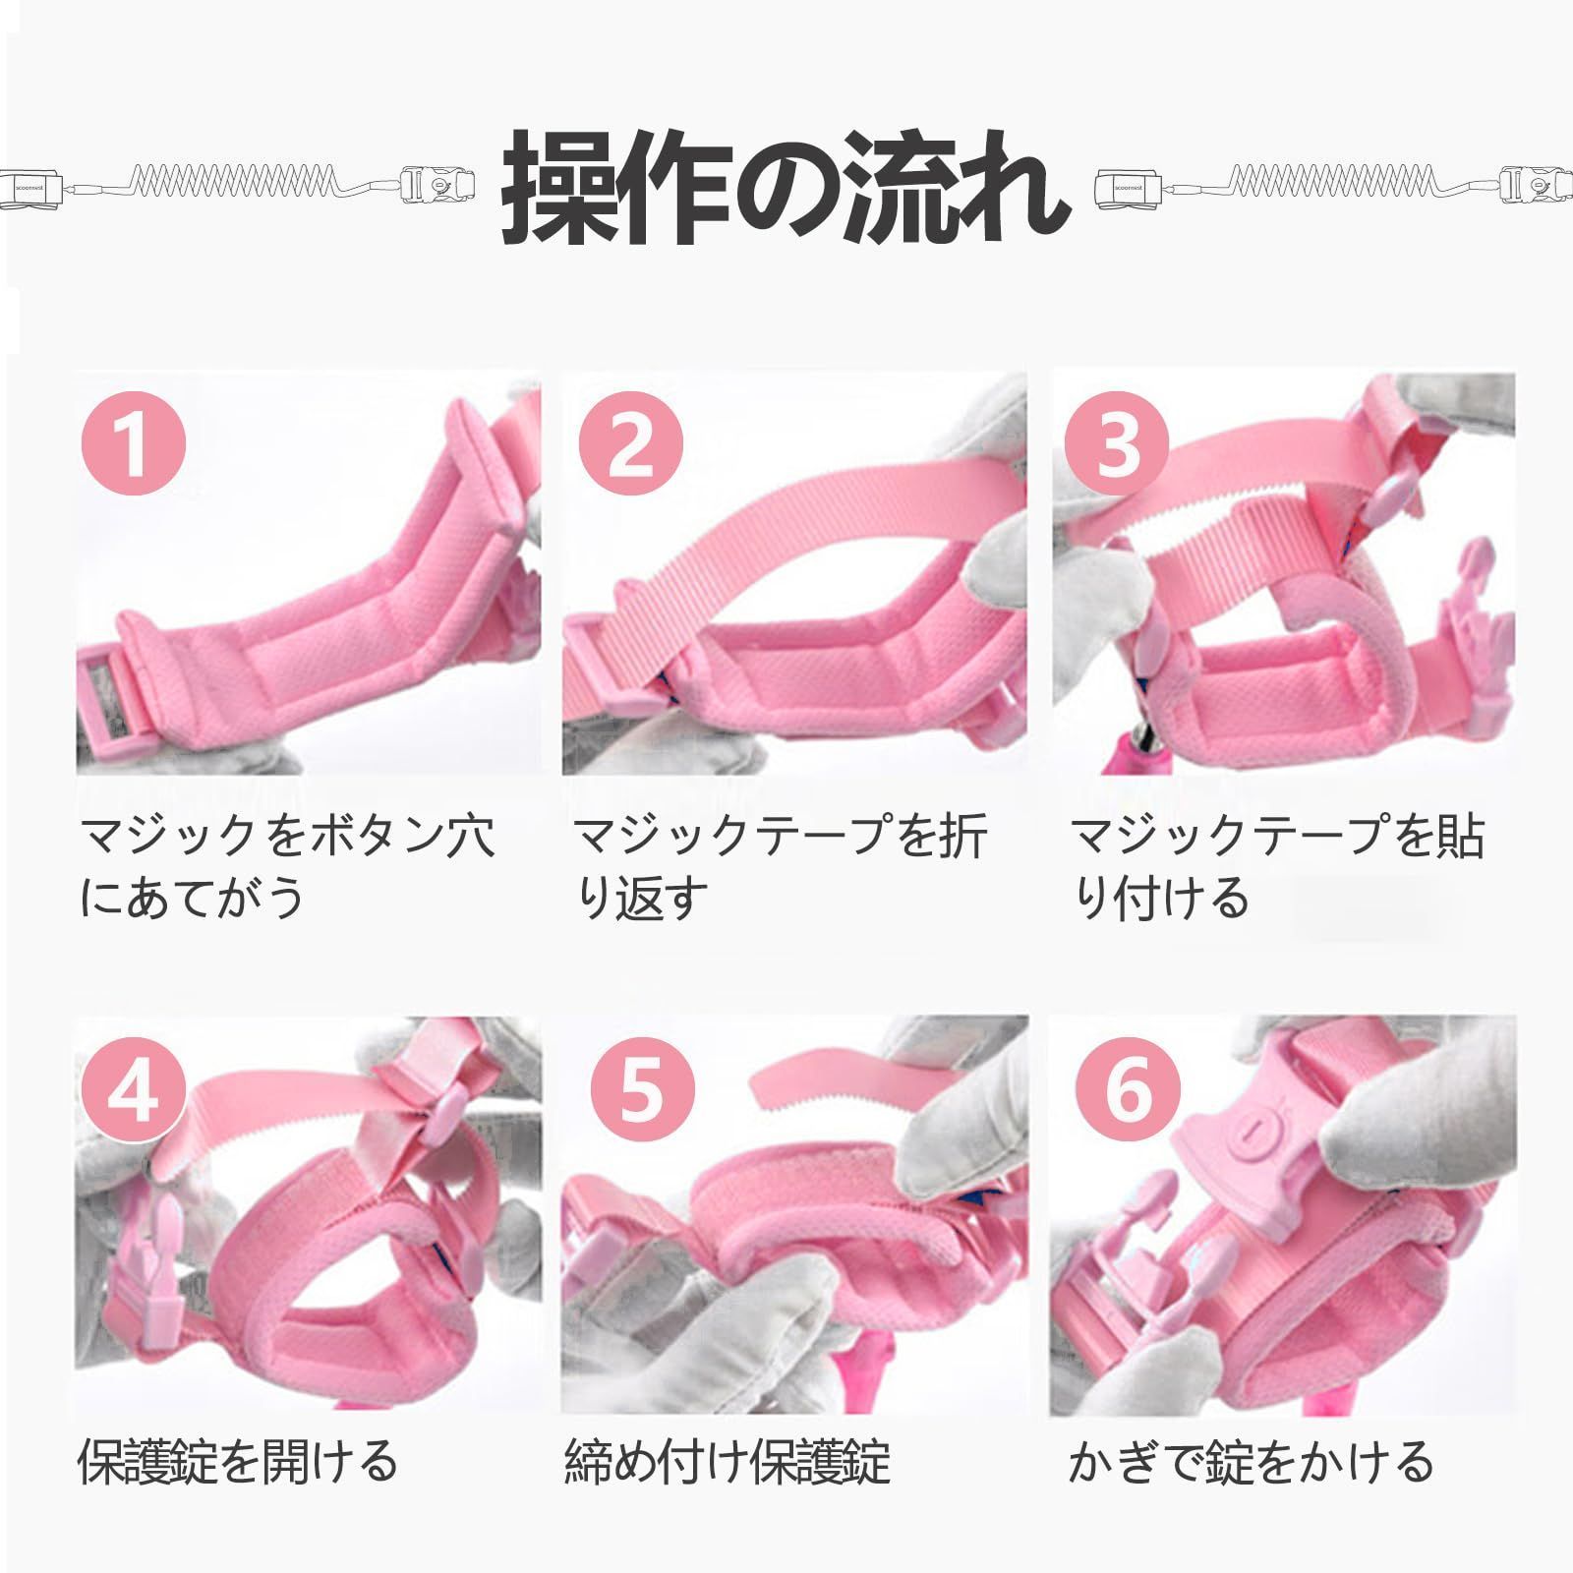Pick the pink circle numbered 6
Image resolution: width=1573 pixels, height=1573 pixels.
[x=1128, y=1088]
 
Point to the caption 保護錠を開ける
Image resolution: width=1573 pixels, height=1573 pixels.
[x=237, y=1461]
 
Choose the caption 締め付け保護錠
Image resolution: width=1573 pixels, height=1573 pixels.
[x=728, y=1461]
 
